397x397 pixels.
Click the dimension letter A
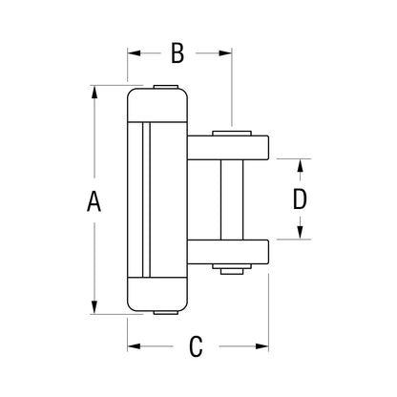[x=93, y=201]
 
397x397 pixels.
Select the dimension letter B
[x=177, y=53]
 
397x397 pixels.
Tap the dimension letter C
[x=195, y=346]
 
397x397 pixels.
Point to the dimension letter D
[x=300, y=199]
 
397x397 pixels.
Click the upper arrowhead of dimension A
[x=93, y=93]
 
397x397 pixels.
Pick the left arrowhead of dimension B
[x=133, y=53]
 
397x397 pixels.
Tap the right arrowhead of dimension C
[x=264, y=346]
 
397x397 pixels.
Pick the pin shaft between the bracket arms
[x=229, y=199]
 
